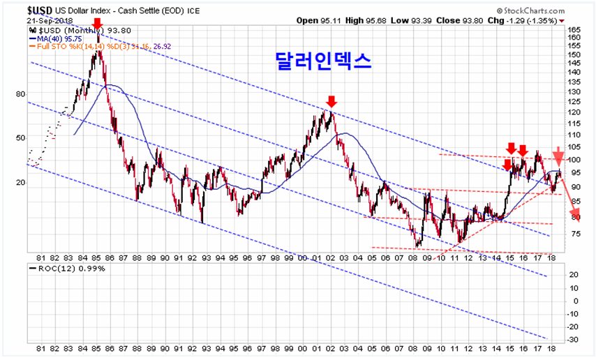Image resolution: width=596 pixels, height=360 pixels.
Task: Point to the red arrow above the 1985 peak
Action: point(97,25)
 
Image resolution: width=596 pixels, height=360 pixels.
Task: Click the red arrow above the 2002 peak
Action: point(331,102)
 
